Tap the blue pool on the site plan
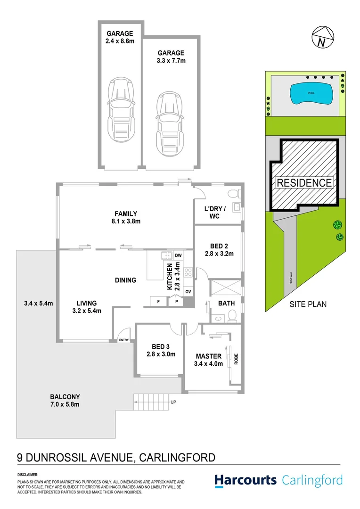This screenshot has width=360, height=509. coord(312,93)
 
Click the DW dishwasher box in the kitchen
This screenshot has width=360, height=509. coord(178,255)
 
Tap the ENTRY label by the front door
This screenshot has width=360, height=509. coord(124,340)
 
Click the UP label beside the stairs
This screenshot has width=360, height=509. coord(173,402)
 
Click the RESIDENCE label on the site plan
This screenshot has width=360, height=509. coord(304,182)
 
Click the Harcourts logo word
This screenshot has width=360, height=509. coord(245,480)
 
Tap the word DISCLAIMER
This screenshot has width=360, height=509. coord(28,475)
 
